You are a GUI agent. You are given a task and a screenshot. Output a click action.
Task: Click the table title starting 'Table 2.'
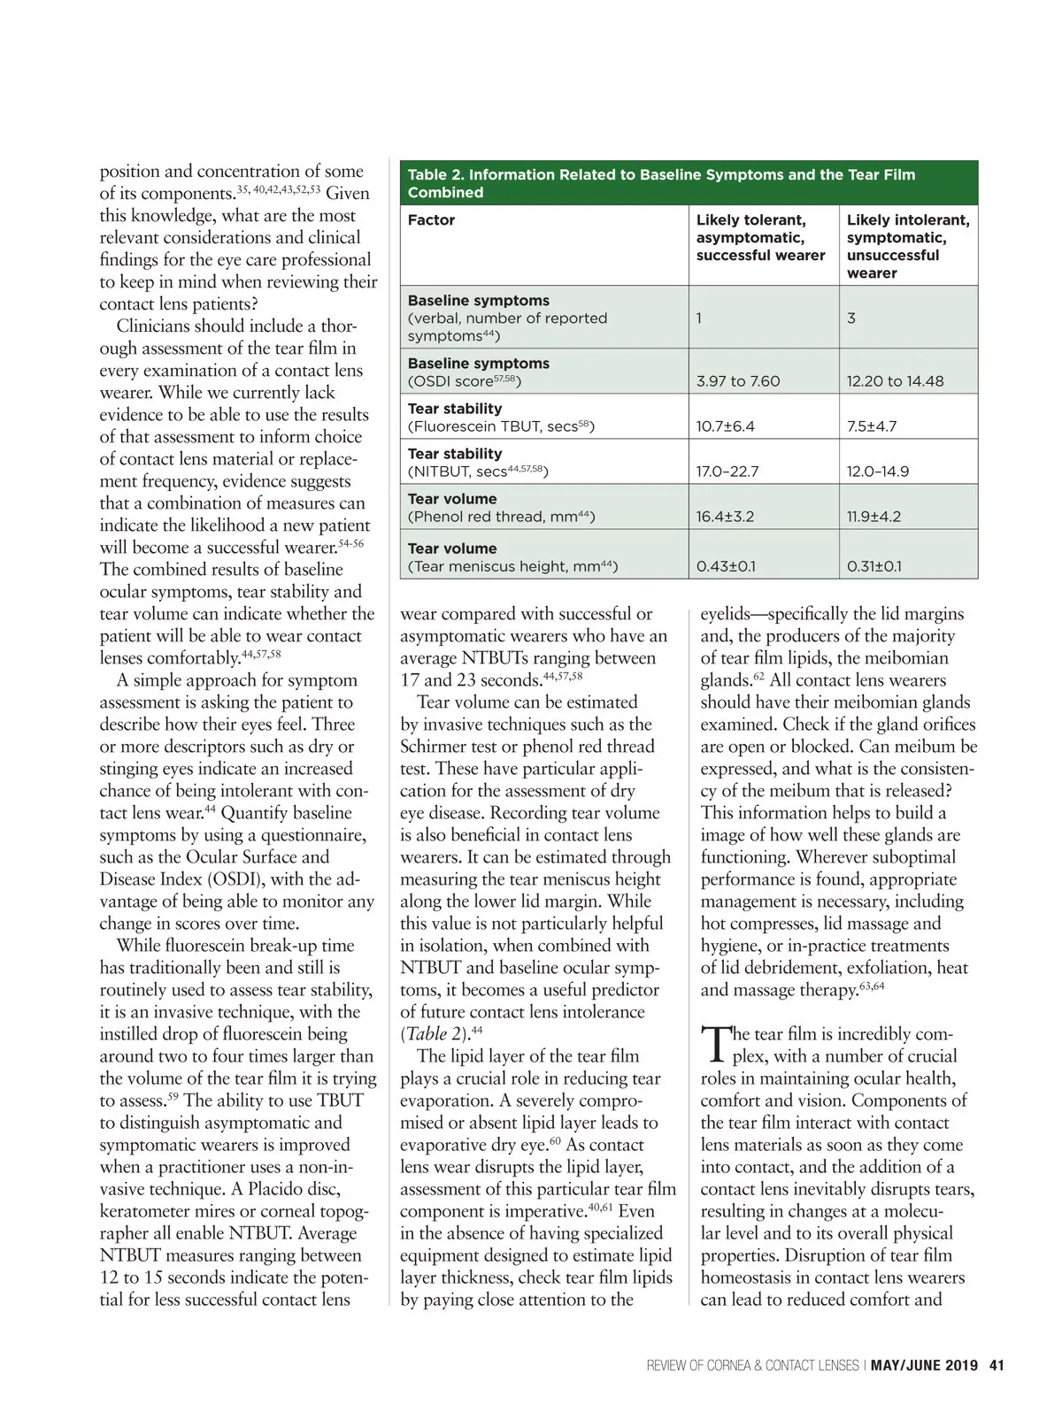click(661, 183)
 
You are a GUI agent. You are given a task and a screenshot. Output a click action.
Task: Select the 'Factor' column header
click(431, 220)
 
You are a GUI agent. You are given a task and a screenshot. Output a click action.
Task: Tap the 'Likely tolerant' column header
click(760, 237)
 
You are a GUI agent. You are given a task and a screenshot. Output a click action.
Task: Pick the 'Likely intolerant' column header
click(907, 246)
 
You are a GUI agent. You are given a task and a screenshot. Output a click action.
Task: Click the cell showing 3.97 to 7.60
click(738, 381)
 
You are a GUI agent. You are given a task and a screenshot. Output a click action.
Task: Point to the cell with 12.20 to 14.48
click(895, 381)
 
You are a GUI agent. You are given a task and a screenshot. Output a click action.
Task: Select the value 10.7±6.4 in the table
click(725, 426)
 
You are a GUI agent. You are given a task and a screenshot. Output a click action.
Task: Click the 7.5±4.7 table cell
click(872, 426)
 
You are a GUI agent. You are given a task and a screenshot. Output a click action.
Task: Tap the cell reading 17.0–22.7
click(727, 472)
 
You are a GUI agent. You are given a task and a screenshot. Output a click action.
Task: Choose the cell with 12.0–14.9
click(877, 472)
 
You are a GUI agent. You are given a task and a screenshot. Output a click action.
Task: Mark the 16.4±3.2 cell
click(725, 517)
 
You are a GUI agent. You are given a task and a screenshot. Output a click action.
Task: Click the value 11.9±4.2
click(873, 517)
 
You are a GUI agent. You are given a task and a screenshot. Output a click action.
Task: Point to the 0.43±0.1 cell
click(726, 566)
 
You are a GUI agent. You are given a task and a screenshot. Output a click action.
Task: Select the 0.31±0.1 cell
click(873, 566)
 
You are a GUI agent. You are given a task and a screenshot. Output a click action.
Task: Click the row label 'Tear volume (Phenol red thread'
click(501, 508)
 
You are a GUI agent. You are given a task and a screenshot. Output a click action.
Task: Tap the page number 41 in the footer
click(997, 1365)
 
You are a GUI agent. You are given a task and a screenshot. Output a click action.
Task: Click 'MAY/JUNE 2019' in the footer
click(924, 1365)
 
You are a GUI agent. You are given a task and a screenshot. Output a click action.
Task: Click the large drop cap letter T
click(714, 1045)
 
